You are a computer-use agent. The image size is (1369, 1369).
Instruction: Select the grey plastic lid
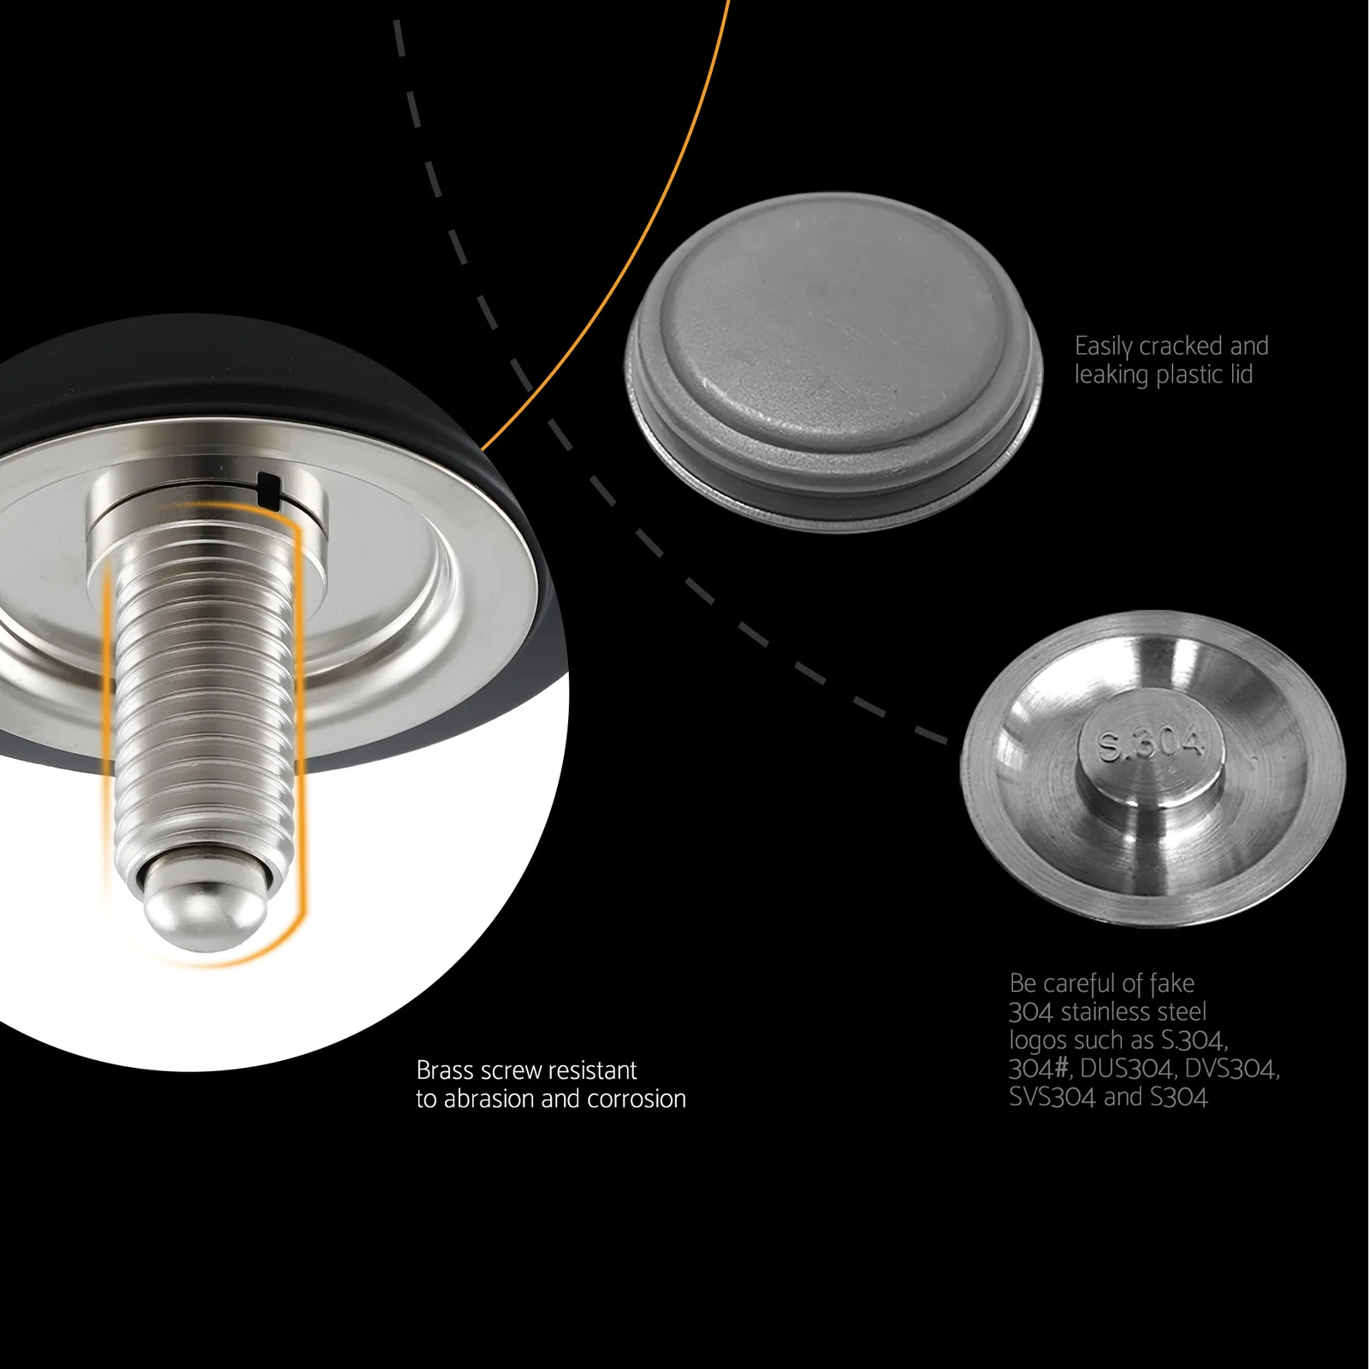pos(833,357)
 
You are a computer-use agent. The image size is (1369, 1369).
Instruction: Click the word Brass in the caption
pos(446,1070)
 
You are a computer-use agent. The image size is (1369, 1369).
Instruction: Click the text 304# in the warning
pos(1040,1069)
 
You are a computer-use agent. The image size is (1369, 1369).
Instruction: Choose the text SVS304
pos(1052,1097)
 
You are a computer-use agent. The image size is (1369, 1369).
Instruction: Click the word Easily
pos(1104,347)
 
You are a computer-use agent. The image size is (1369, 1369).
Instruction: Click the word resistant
pos(593,1070)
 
